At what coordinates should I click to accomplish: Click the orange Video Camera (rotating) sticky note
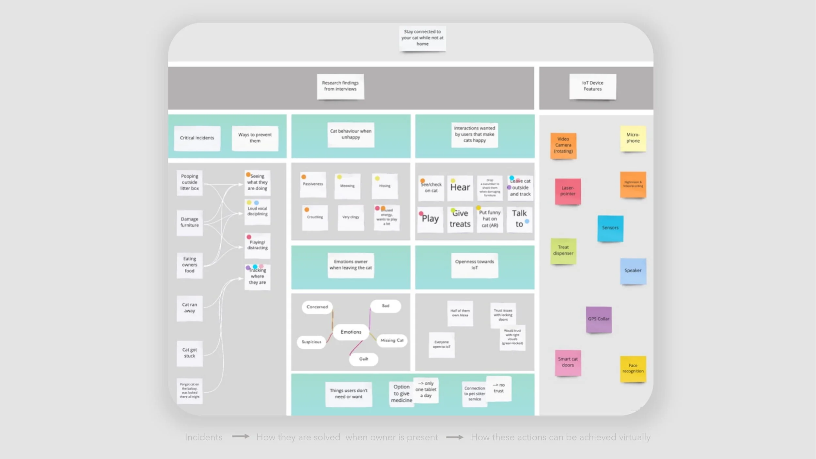pos(563,146)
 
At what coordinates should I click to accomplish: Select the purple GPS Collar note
pos(599,319)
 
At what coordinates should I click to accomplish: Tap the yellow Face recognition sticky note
pos(633,369)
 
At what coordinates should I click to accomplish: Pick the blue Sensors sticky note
pos(610,228)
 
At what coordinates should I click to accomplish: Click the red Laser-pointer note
pos(568,191)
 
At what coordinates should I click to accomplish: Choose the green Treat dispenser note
pos(563,251)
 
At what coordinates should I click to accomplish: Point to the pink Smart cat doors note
pos(568,362)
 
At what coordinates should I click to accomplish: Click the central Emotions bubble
pos(351,332)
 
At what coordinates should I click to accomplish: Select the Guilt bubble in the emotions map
pos(364,359)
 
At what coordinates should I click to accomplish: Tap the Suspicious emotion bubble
pos(311,342)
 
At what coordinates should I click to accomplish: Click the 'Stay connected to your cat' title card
pos(422,38)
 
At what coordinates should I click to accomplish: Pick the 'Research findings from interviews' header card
pos(340,86)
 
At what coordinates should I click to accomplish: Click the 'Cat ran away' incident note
pos(189,308)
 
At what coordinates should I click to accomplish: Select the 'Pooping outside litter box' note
pos(189,182)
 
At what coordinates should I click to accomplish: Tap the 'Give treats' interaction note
pos(460,219)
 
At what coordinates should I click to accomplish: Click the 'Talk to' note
pos(519,219)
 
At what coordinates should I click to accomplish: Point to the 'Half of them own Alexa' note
pos(460,313)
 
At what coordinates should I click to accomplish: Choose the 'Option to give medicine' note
pos(401,394)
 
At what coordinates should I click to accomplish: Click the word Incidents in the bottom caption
pos(203,437)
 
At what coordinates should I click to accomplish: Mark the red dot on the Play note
pos(421,214)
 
